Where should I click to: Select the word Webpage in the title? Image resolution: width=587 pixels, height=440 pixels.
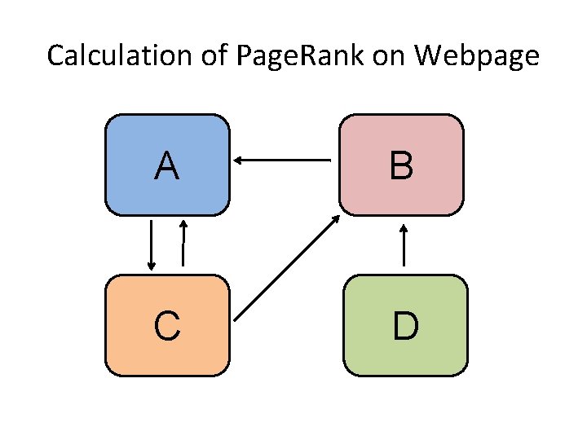477,56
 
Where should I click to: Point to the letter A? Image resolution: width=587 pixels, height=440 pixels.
167,166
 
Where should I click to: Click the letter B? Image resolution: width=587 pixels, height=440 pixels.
401,166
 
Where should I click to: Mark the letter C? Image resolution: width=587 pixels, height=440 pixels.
167,327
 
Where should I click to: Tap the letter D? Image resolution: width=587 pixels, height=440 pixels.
406,327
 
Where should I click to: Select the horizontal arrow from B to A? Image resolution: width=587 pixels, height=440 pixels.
282,161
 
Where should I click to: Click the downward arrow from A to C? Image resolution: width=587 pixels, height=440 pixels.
151,244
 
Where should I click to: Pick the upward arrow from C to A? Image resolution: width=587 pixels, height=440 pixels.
183,244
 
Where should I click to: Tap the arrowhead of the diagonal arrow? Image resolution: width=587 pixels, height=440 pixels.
337,218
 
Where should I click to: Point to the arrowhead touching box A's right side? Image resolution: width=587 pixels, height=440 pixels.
238,161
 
